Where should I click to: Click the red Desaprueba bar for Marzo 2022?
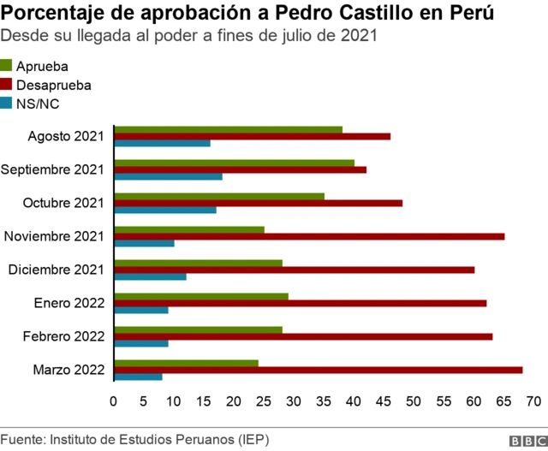318,370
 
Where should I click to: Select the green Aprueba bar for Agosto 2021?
228,130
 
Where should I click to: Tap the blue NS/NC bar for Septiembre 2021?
168,176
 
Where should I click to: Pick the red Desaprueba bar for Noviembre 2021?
309,236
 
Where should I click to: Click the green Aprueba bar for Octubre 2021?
219,196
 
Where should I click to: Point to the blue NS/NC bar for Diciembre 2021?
150,276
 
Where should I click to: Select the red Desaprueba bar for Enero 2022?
300,303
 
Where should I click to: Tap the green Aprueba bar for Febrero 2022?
198,329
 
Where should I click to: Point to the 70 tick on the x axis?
533,401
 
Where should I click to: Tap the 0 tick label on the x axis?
114,401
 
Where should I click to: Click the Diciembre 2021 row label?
56,270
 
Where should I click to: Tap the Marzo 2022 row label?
68,370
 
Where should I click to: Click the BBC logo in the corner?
527,440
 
